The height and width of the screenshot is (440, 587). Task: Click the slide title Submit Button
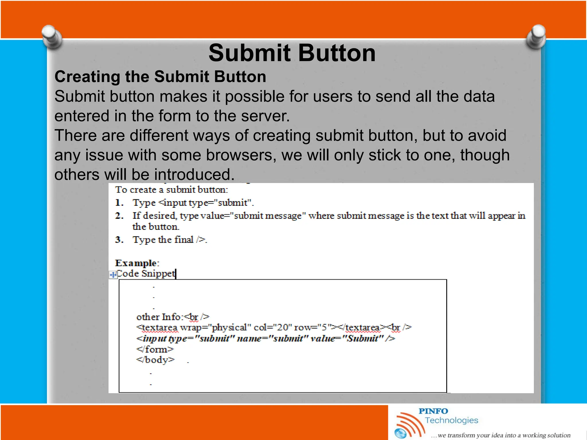point(292,53)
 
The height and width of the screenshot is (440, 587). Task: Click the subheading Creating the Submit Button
point(160,77)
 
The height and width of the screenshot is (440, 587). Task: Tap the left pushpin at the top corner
point(52,37)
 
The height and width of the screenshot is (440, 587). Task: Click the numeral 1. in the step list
point(119,203)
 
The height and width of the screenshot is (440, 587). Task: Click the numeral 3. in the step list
point(119,239)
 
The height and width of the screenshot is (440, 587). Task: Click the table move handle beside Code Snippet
point(113,275)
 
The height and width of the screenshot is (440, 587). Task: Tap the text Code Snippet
point(146,274)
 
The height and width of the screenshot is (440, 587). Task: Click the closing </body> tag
point(155,360)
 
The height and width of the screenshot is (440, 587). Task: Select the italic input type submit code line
point(265,339)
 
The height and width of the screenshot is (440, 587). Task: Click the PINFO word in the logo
point(433,411)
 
